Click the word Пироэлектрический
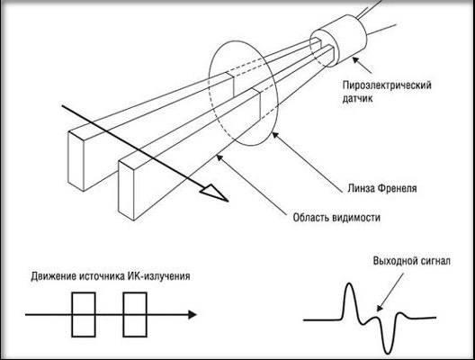pos(387,85)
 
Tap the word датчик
pos(358,98)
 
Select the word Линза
pos(361,188)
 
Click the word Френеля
pos(397,188)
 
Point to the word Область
pos(310,217)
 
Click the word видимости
pos(356,217)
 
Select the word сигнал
pos(432,261)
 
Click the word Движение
pos(53,276)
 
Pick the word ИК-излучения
pos(158,276)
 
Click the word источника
pos(101,276)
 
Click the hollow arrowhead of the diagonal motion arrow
pos(215,192)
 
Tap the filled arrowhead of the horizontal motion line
pos(193,314)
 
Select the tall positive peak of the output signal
pos(349,284)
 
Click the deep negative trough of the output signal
pos(388,352)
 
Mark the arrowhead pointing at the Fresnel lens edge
pos(274,136)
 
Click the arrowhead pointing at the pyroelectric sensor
pos(356,61)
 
